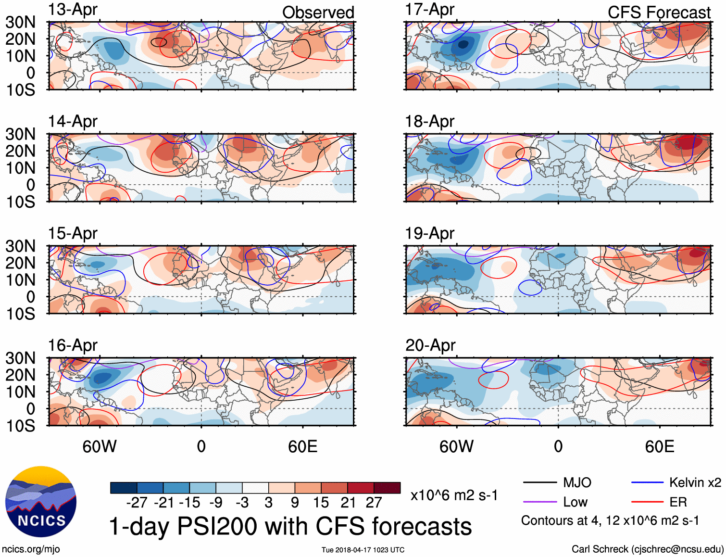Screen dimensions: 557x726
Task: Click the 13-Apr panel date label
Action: pyautogui.click(x=73, y=10)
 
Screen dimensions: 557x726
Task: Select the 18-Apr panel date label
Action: pyautogui.click(x=429, y=122)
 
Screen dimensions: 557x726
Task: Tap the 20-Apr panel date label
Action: pyautogui.click(x=430, y=345)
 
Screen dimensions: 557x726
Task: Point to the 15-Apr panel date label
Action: pyautogui.click(x=73, y=233)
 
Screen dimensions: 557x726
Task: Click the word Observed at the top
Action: pyautogui.click(x=318, y=13)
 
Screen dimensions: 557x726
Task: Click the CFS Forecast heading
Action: pyautogui.click(x=659, y=13)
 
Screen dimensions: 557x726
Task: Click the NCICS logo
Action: pyautogui.click(x=41, y=502)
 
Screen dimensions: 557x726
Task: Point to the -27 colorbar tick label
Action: pyautogui.click(x=137, y=503)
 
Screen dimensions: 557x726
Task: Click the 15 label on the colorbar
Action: pyautogui.click(x=321, y=503)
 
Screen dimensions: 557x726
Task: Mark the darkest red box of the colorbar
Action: pyautogui.click(x=387, y=488)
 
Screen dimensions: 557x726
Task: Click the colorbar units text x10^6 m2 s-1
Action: pyautogui.click(x=454, y=495)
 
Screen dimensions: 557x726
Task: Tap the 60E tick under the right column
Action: pyautogui.click(x=659, y=446)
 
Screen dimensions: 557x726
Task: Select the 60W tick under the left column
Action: pyautogui.click(x=100, y=446)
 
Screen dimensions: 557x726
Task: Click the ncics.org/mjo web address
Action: pyautogui.click(x=31, y=549)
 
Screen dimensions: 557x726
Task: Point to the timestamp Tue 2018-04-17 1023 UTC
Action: pyautogui.click(x=363, y=550)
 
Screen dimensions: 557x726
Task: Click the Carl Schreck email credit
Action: pyautogui.click(x=647, y=549)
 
